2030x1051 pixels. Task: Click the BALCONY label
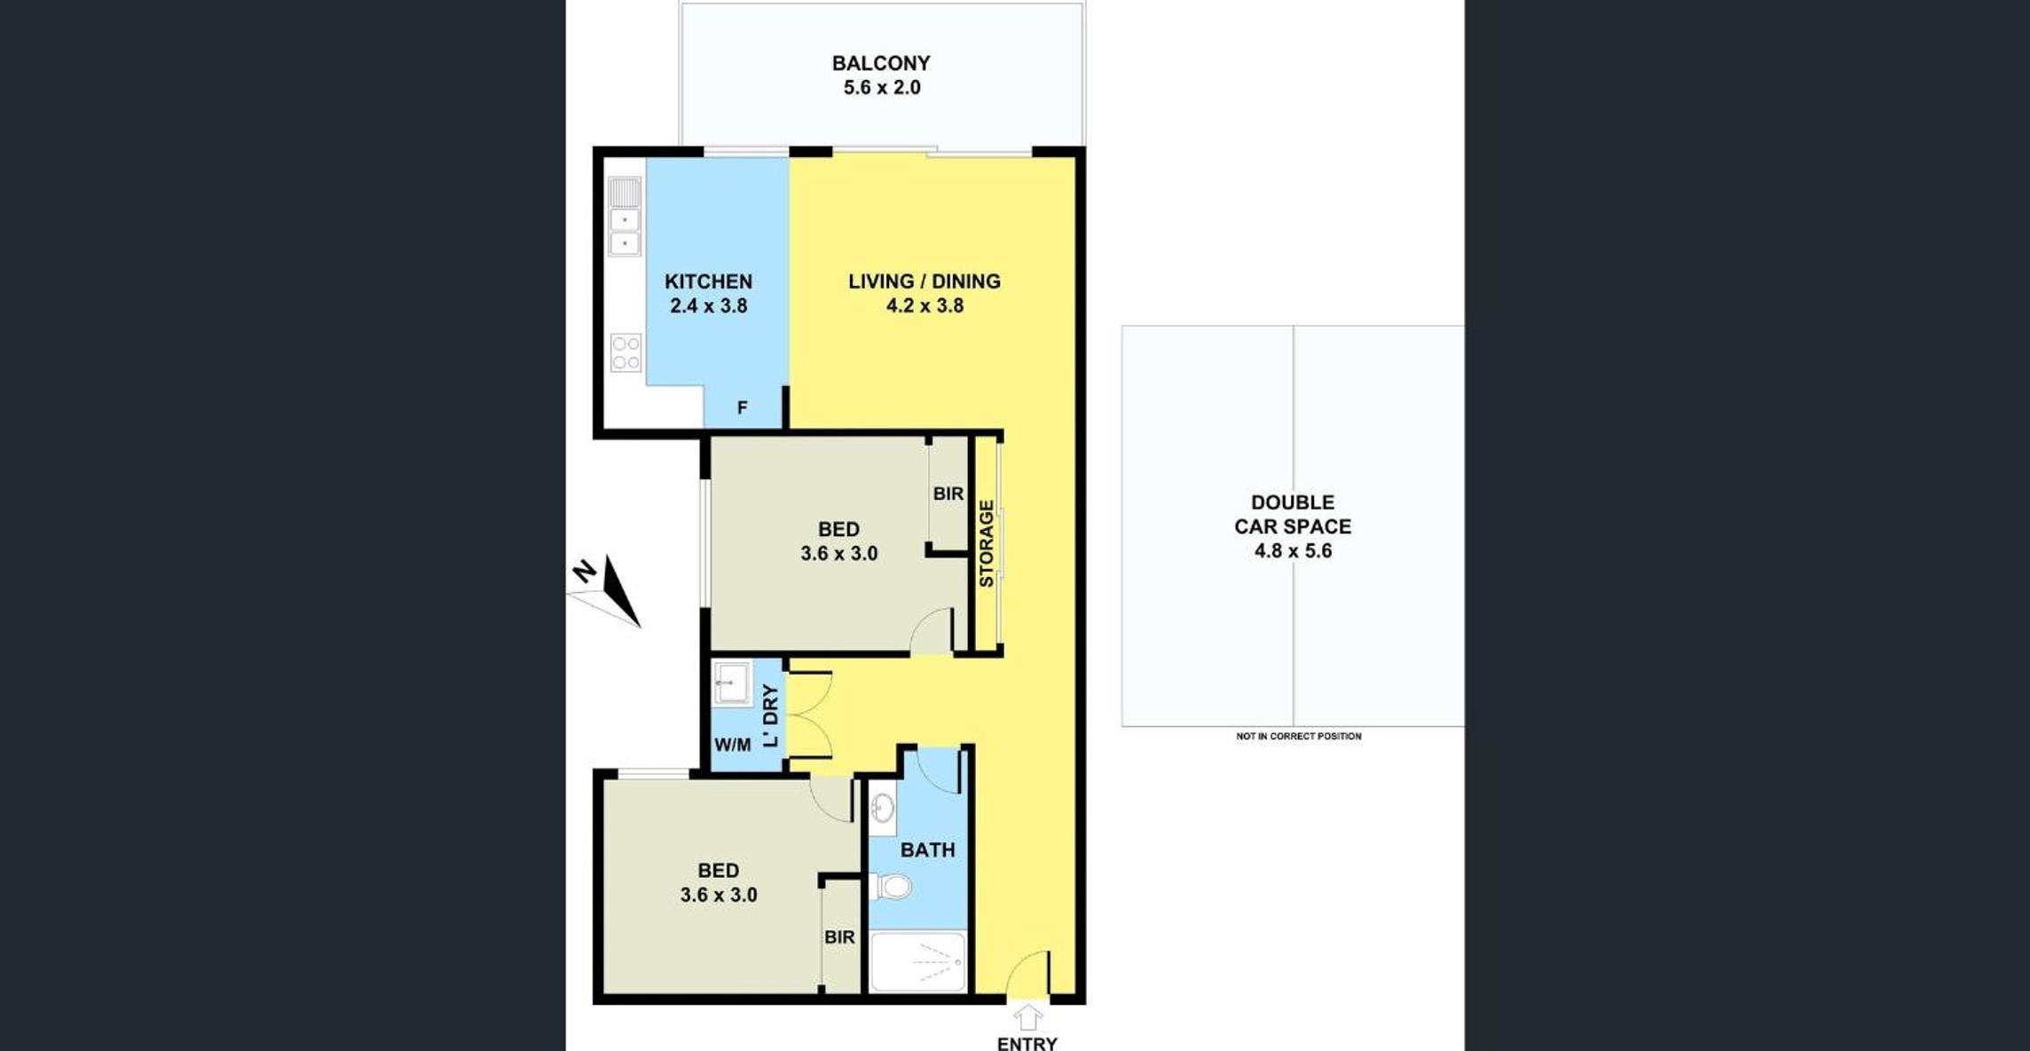click(x=881, y=63)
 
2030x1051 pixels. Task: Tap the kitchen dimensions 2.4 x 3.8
click(x=709, y=305)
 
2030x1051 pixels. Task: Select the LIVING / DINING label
click(x=925, y=281)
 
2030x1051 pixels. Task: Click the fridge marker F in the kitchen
click(x=743, y=407)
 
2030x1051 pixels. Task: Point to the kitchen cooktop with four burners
click(x=626, y=352)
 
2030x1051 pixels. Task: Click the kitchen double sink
click(x=625, y=217)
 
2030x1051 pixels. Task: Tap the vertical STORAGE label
click(x=986, y=543)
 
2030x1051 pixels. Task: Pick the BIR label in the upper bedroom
click(x=948, y=494)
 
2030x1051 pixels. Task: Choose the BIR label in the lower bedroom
click(x=839, y=936)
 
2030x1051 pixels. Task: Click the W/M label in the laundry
click(x=733, y=745)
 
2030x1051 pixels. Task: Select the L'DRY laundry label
click(x=770, y=715)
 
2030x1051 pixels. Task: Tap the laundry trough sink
click(x=732, y=683)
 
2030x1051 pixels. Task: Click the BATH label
click(x=928, y=849)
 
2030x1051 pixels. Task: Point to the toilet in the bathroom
click(x=890, y=886)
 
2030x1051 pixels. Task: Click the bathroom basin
click(x=882, y=809)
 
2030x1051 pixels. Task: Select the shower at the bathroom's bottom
click(x=917, y=961)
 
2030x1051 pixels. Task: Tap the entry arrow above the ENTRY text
click(x=1027, y=1017)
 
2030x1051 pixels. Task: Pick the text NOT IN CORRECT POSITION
click(x=1299, y=736)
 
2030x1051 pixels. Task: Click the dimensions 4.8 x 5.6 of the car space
click(x=1293, y=550)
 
